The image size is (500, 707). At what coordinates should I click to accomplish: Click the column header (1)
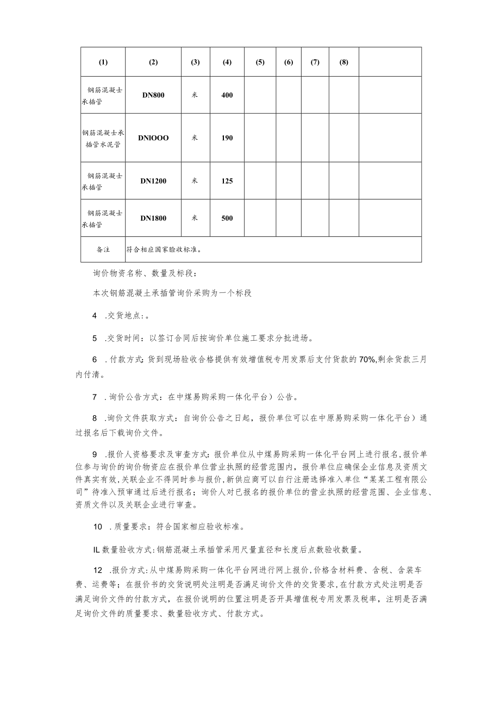103,62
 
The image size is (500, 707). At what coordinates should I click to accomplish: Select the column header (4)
227,62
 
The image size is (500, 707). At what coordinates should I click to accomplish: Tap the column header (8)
343,62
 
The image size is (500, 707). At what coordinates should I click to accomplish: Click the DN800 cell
153,95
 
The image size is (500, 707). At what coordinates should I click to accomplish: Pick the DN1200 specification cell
153,181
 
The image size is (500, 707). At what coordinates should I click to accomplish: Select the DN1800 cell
153,218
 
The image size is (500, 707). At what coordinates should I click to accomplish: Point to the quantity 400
227,95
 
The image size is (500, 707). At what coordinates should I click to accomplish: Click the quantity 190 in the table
227,138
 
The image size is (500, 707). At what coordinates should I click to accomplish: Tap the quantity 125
227,181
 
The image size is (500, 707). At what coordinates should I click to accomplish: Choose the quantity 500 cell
227,218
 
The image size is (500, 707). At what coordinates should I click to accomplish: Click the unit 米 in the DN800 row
195,95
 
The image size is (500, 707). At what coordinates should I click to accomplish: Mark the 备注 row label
103,249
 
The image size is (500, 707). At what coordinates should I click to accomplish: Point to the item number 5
95,338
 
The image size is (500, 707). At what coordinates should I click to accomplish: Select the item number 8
95,418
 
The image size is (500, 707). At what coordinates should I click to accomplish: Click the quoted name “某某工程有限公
389,481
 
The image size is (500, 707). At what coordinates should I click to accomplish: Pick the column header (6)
289,62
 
